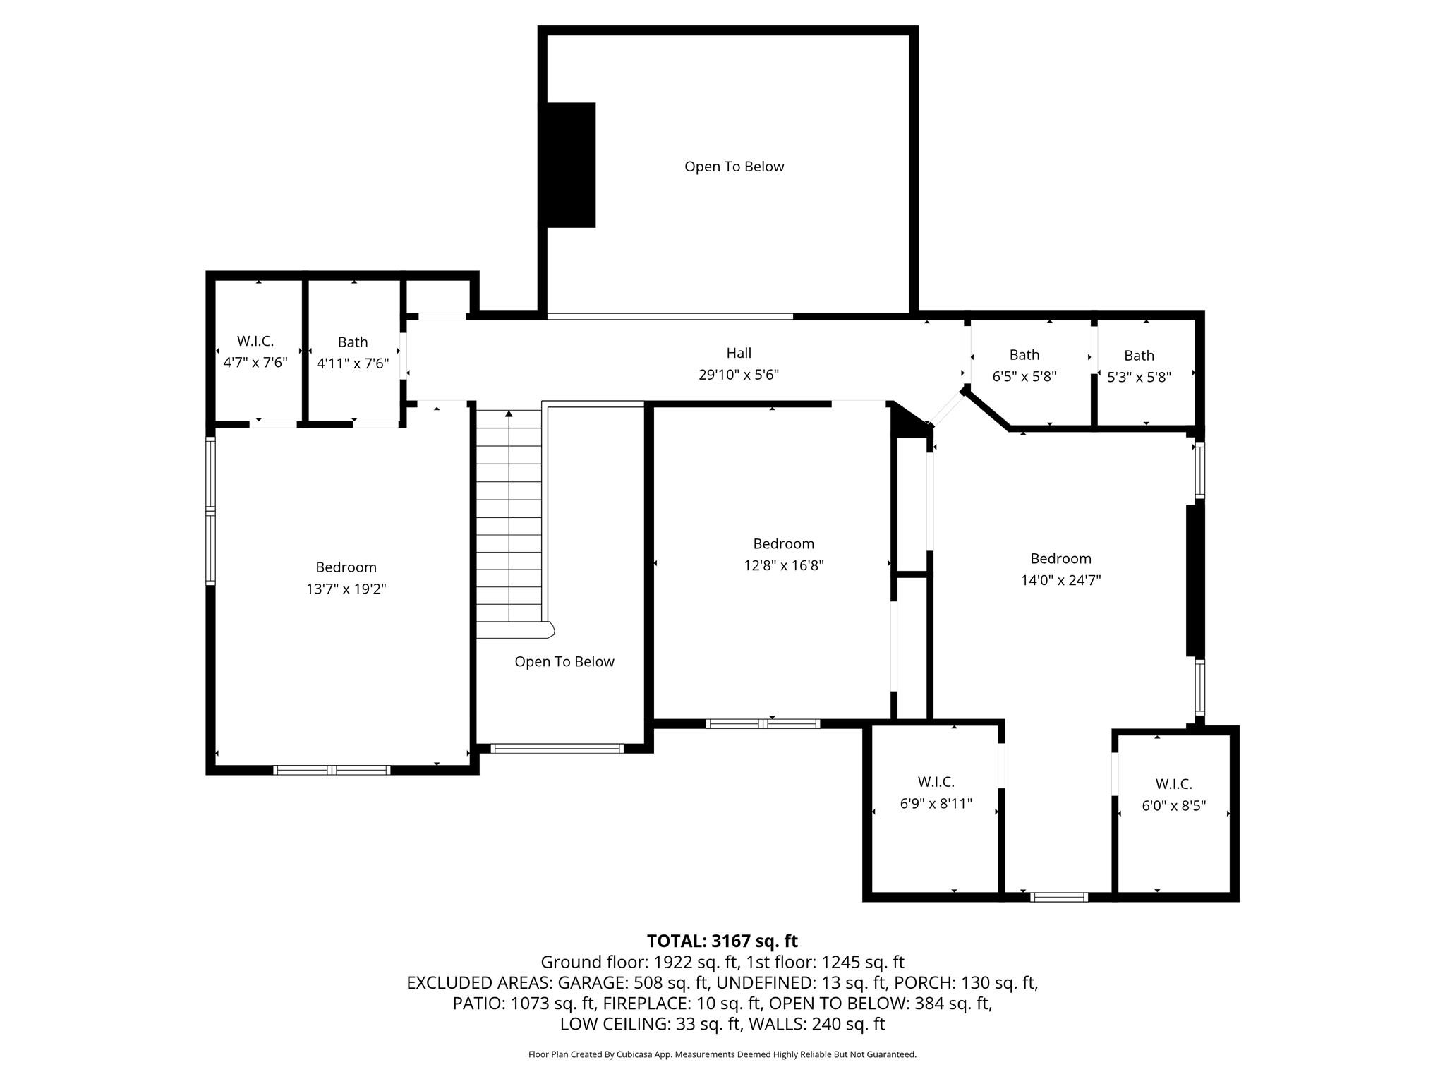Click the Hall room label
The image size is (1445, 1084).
coord(739,353)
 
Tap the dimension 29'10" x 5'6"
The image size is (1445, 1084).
coord(739,375)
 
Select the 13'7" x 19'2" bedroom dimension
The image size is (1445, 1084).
coord(346,589)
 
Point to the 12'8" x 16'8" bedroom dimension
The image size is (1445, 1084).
coord(783,565)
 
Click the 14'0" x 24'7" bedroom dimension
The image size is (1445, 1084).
coord(1060,580)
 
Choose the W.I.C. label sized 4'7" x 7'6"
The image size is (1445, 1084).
coord(255,342)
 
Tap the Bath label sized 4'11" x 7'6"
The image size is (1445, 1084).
coord(353,342)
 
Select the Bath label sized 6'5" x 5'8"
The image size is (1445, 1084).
coord(1024,355)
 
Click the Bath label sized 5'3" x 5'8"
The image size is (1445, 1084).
coord(1139,356)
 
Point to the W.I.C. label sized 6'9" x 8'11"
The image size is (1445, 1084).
coord(936,782)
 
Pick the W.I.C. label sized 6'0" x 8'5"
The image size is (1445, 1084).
coord(1173,784)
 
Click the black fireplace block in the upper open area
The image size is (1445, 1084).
coord(569,165)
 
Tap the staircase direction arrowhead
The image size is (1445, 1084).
coord(509,414)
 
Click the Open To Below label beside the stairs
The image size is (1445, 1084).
coord(564,662)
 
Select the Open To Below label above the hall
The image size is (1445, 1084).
coord(734,167)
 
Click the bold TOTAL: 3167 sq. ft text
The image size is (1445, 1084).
coord(722,941)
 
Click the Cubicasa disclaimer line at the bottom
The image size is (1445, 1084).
coord(722,1054)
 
